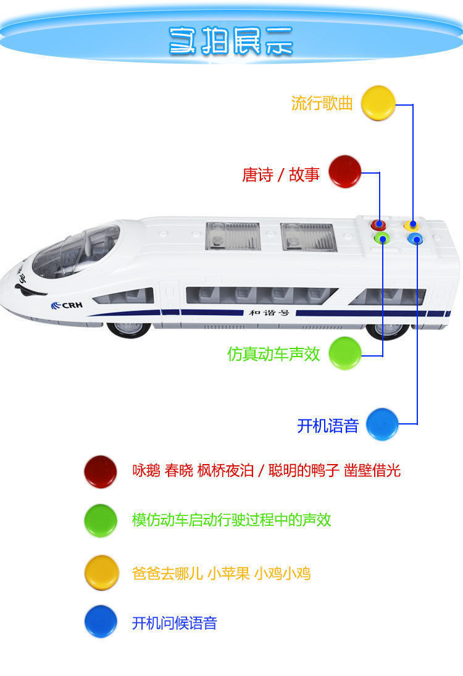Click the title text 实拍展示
(x=231, y=41)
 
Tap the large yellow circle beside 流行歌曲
(x=378, y=103)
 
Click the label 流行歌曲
(x=322, y=103)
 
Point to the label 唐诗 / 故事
(x=281, y=175)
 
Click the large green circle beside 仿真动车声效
(x=344, y=353)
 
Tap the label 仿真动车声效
(x=273, y=354)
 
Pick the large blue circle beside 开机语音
(x=382, y=424)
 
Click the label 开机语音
(x=328, y=426)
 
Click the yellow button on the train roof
(x=412, y=226)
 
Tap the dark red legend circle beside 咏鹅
(x=100, y=471)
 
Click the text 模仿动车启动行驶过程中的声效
(x=231, y=520)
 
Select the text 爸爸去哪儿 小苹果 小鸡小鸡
(x=221, y=573)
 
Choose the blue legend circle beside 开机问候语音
(x=100, y=621)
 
